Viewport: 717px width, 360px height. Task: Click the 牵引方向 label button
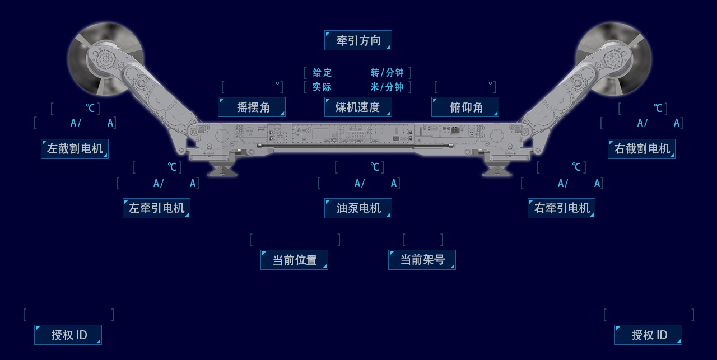coord(358,40)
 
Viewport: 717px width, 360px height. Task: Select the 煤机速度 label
coord(358,107)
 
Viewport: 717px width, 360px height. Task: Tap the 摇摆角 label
coord(252,107)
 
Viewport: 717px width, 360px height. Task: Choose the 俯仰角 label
coord(465,107)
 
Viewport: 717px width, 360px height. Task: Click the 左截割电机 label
coord(75,149)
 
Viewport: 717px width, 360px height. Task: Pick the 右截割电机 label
coord(641,149)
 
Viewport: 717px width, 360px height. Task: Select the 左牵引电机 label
coord(156,208)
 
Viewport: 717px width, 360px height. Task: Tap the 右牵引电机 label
coord(561,208)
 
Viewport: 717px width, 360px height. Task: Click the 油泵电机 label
coord(358,208)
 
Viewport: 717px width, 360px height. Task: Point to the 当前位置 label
coord(294,260)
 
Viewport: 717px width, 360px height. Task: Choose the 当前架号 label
coord(422,260)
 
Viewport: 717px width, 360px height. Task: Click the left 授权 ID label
coord(68,335)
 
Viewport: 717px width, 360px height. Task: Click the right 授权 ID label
coord(648,335)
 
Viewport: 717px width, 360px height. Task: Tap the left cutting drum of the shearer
coord(105,58)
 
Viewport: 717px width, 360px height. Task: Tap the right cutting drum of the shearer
coord(613,58)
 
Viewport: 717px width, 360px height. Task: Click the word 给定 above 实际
coord(322,73)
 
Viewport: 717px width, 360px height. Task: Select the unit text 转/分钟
coord(387,73)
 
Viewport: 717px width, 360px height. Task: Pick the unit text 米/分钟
coord(387,87)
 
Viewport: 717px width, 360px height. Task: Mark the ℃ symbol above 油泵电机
coord(375,167)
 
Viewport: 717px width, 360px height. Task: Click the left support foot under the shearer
coord(222,170)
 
